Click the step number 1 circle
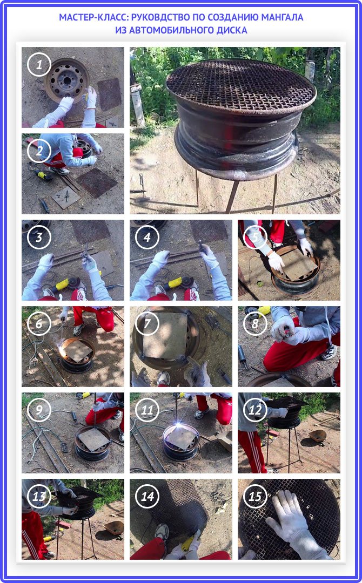[x=39, y=65]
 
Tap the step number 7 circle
[x=147, y=323]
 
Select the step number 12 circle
[x=255, y=410]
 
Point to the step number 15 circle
[x=255, y=496]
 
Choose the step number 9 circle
[x=39, y=410]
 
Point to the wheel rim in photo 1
[x=67, y=80]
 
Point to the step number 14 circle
[x=147, y=496]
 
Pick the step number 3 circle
[x=39, y=237]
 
